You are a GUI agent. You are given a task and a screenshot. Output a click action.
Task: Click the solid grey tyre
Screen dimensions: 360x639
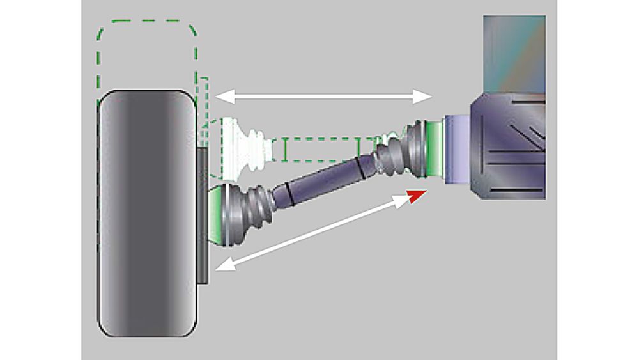146,214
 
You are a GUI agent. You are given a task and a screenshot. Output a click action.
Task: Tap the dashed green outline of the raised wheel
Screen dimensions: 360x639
147,29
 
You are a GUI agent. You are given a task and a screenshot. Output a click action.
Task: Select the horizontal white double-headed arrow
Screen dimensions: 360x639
323,97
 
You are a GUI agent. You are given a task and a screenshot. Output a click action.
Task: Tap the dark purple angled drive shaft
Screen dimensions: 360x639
319,183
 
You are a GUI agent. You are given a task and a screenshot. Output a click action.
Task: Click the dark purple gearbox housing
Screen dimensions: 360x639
508,147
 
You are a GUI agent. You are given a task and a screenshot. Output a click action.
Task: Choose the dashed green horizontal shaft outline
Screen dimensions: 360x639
319,149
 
